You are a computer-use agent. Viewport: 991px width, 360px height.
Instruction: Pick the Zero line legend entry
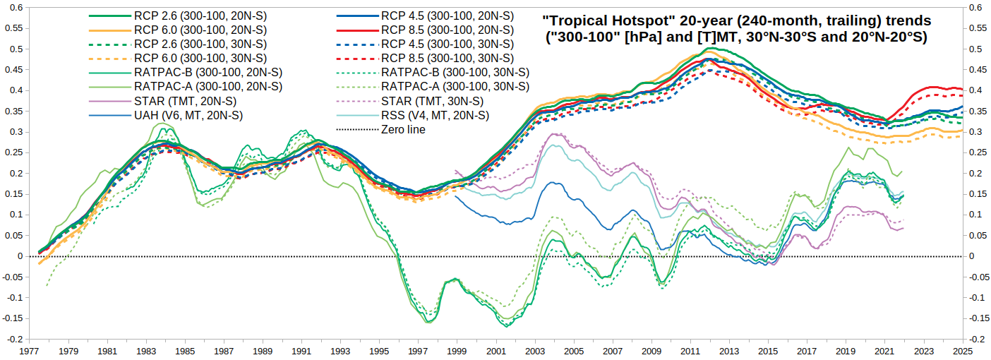point(403,129)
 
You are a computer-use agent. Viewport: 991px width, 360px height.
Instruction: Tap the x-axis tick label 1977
point(29,351)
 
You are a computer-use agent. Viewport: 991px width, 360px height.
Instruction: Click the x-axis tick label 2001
point(496,351)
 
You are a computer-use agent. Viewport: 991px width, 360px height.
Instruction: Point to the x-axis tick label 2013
point(729,351)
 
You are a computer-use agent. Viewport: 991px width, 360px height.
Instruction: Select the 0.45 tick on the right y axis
point(978,69)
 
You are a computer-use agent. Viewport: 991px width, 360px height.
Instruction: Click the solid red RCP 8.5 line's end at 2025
point(962,89)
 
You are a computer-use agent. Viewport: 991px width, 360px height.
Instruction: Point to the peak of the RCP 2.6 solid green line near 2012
point(707,49)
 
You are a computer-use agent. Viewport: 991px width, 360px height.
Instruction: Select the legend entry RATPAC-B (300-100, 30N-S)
point(455,72)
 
